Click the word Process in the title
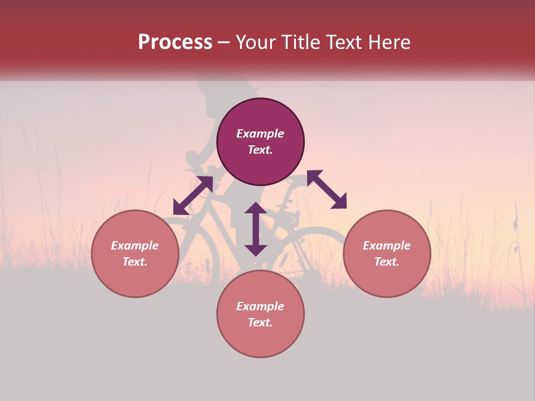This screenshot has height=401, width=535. pyautogui.click(x=175, y=42)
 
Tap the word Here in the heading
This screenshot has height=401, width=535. pyautogui.click(x=390, y=42)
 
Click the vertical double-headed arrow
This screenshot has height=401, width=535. pyautogui.click(x=256, y=229)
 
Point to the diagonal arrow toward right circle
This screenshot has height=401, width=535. pyautogui.click(x=327, y=189)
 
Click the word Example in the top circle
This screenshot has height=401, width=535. pyautogui.click(x=260, y=134)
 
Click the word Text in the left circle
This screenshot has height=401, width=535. pyautogui.click(x=135, y=262)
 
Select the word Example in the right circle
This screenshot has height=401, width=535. pyautogui.click(x=387, y=246)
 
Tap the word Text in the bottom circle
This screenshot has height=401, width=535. pyautogui.click(x=260, y=322)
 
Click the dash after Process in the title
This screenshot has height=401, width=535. pyautogui.click(x=224, y=42)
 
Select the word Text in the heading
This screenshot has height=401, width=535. pyautogui.click(x=343, y=42)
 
